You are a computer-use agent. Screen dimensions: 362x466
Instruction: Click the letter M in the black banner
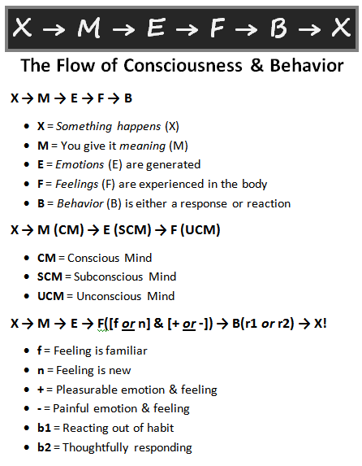tap(88, 28)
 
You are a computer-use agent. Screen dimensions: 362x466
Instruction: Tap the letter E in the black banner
tap(156, 28)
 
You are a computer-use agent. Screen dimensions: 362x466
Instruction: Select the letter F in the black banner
tap(217, 28)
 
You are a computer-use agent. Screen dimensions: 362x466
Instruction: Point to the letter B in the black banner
tap(278, 28)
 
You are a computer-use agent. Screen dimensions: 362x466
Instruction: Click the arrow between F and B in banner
tap(247, 29)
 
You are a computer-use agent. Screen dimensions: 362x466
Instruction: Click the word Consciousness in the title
tap(183, 65)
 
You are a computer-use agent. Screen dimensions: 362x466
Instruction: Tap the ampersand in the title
tap(256, 65)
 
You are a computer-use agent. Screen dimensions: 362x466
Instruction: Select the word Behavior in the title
tap(307, 65)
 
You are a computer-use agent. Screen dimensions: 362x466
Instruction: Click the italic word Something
tap(84, 127)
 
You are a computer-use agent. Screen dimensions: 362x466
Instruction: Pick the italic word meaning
tap(142, 146)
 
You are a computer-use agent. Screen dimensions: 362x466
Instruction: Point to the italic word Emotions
tap(80, 164)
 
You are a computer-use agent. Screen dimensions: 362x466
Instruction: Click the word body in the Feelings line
tap(255, 185)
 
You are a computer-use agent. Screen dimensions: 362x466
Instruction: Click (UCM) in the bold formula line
tap(200, 230)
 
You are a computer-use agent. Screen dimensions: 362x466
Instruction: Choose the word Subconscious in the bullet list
tap(108, 277)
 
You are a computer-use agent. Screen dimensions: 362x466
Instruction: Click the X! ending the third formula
tap(320, 324)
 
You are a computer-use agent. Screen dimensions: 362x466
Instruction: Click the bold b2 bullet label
tap(44, 447)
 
